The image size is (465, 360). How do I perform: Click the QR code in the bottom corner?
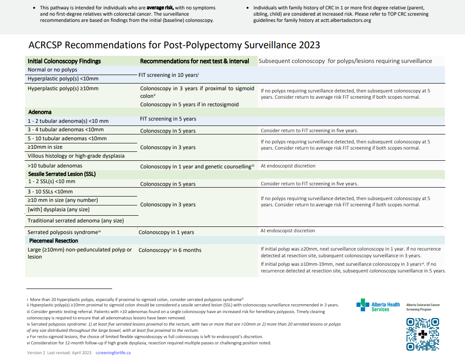click(423, 334)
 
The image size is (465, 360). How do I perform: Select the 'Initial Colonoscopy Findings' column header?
click(64, 61)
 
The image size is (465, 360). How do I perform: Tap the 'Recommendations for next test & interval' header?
click(194, 61)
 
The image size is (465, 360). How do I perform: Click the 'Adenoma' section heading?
click(40, 112)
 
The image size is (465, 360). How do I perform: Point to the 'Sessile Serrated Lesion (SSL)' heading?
click(62, 174)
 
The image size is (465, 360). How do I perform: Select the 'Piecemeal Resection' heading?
click(53, 241)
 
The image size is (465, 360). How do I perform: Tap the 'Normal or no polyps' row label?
click(52, 70)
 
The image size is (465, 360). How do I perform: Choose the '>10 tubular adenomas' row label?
click(55, 166)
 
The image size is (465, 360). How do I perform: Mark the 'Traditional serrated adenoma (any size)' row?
click(75, 221)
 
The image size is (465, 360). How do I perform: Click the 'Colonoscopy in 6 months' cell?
click(170, 250)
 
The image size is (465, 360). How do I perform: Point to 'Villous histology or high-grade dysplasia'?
click(76, 156)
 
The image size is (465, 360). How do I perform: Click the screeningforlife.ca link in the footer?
click(113, 352)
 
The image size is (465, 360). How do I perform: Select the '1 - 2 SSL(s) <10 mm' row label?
click(51, 181)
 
